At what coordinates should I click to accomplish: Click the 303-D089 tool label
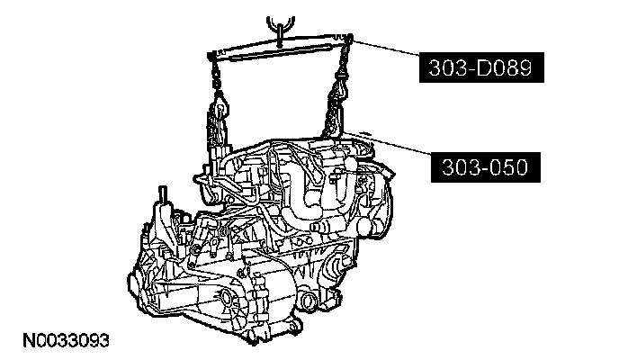point(481,67)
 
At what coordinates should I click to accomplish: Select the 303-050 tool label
point(486,167)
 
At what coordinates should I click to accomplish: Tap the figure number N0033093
point(66,340)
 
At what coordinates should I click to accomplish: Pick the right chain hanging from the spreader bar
point(342,71)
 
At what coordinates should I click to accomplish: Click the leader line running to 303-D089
point(386,47)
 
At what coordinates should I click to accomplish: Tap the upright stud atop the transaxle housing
point(162,194)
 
